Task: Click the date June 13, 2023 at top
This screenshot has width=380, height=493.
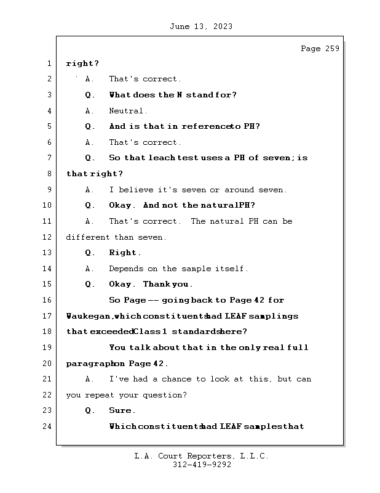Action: point(201,26)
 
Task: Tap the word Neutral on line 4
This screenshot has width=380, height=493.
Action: point(126,111)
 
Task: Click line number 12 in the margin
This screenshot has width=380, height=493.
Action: point(47,237)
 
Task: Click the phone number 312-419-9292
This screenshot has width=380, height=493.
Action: point(202,465)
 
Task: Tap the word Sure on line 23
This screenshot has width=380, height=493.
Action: point(120,410)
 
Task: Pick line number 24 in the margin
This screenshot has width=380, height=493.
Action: point(47,426)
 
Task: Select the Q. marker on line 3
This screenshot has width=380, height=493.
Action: point(89,95)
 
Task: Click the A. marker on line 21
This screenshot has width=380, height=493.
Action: point(89,379)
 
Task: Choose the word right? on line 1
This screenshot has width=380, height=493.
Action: point(82,64)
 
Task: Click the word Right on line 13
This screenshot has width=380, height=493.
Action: point(123,253)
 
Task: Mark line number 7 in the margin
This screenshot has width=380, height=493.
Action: point(49,158)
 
